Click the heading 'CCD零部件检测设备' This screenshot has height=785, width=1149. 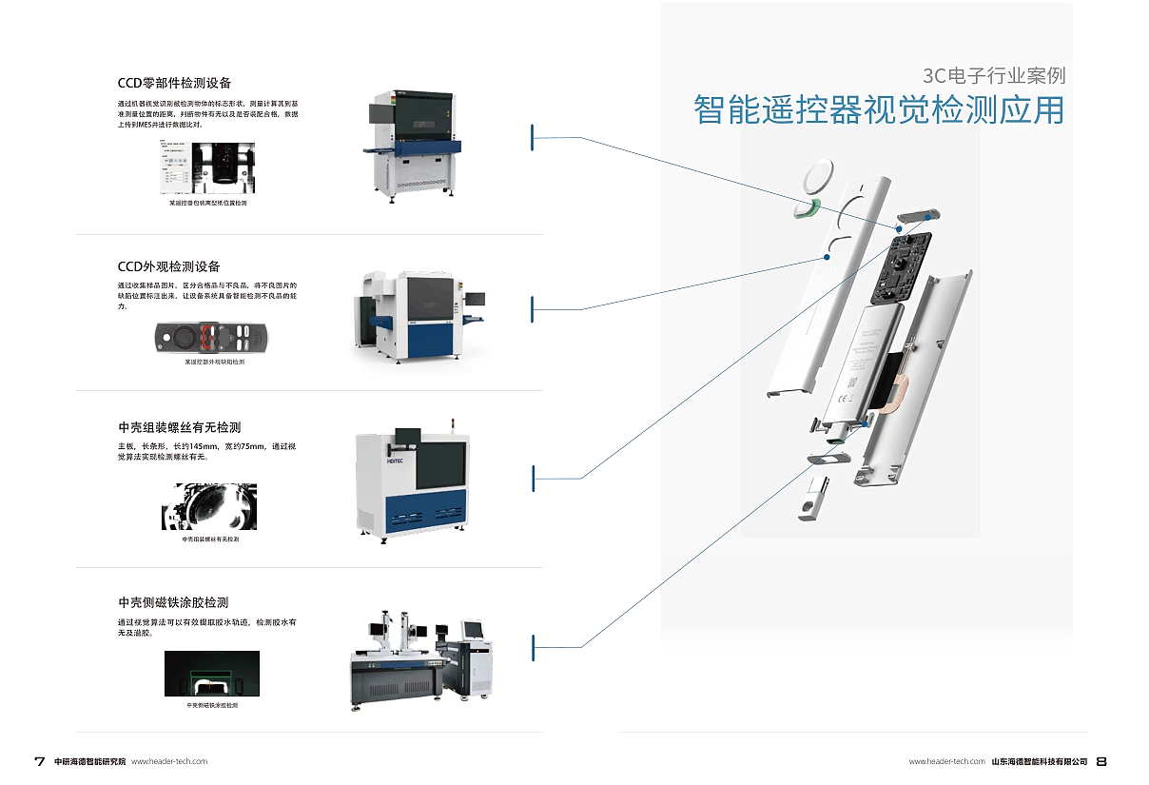[174, 84]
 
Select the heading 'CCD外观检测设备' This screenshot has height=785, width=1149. [168, 266]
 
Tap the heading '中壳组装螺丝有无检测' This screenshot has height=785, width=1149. [180, 427]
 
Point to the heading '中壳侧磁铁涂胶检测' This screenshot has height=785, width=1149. [173, 602]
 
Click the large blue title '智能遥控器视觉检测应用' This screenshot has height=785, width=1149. [879, 109]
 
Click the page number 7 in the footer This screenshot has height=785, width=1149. [39, 761]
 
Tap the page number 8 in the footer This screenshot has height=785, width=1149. [1101, 761]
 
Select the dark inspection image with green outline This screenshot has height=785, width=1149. [211, 675]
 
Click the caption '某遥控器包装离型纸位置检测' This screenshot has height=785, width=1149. [207, 203]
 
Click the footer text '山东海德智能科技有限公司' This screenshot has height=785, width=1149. [1040, 761]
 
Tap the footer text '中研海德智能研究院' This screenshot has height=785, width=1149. [89, 761]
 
